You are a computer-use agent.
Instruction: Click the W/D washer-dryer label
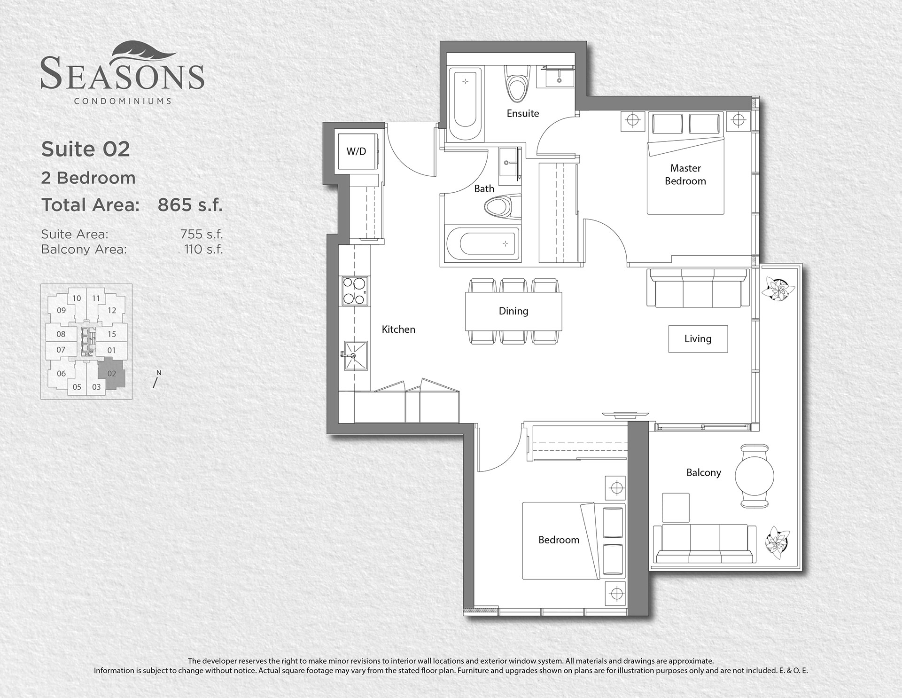point(356,151)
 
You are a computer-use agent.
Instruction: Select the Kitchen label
point(398,329)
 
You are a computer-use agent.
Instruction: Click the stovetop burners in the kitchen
point(354,291)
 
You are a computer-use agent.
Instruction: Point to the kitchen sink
point(354,356)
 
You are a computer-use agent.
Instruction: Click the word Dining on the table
point(513,311)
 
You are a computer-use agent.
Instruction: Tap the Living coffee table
point(698,339)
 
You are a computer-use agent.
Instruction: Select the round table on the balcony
point(754,476)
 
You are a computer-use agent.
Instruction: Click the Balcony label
point(704,473)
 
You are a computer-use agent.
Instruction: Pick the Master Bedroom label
point(685,174)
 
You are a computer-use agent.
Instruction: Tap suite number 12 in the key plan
point(111,310)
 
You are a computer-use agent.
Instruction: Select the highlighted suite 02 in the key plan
point(112,373)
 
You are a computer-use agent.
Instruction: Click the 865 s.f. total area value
point(190,205)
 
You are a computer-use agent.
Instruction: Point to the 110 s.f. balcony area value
point(203,249)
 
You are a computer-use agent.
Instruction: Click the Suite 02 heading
point(86,149)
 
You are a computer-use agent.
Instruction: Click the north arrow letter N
point(159,373)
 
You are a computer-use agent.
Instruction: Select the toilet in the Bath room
point(502,206)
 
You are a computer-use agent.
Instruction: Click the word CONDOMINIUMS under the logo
point(123,101)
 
